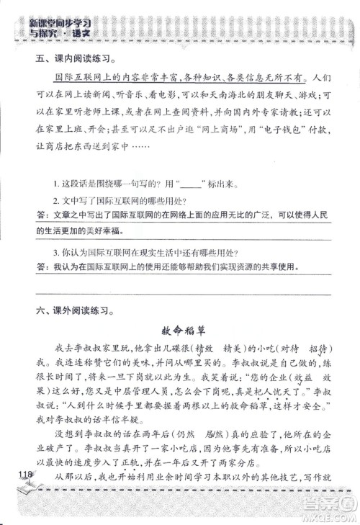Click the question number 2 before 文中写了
point(56,199)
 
